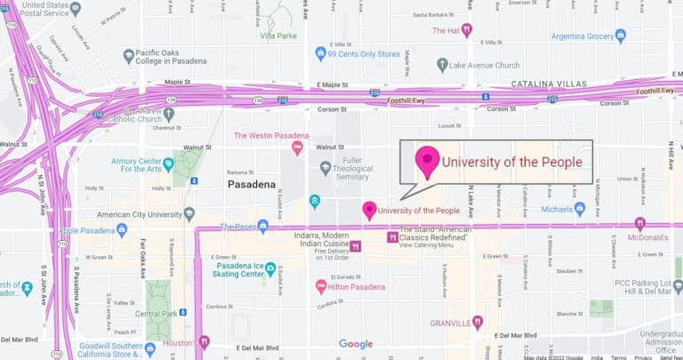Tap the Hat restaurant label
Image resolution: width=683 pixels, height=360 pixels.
click(x=445, y=30)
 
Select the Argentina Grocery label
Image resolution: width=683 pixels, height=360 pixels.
click(x=582, y=36)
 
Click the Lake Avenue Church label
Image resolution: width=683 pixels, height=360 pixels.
click(x=487, y=65)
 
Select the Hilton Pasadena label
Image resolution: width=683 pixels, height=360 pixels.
click(x=358, y=287)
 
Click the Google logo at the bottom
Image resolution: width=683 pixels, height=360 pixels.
click(x=356, y=344)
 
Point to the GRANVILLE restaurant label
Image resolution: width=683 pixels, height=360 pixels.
click(x=449, y=322)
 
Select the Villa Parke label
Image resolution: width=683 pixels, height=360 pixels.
click(x=278, y=36)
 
